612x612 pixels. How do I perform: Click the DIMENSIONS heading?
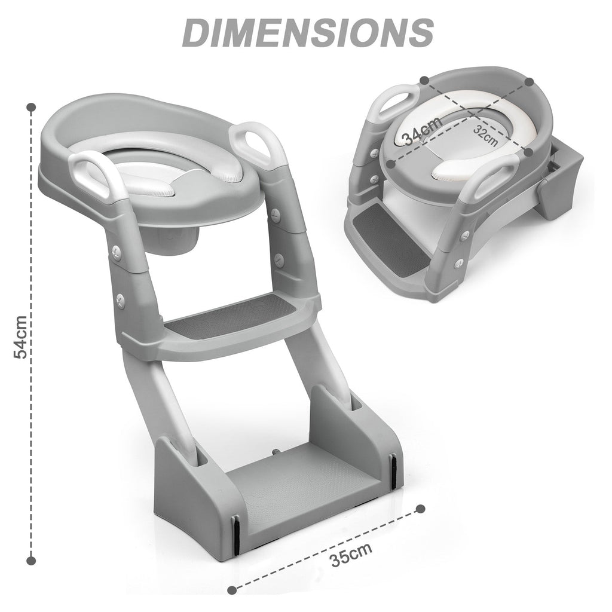pyautogui.click(x=308, y=33)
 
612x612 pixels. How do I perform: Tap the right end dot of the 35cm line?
pyautogui.click(x=420, y=509)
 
